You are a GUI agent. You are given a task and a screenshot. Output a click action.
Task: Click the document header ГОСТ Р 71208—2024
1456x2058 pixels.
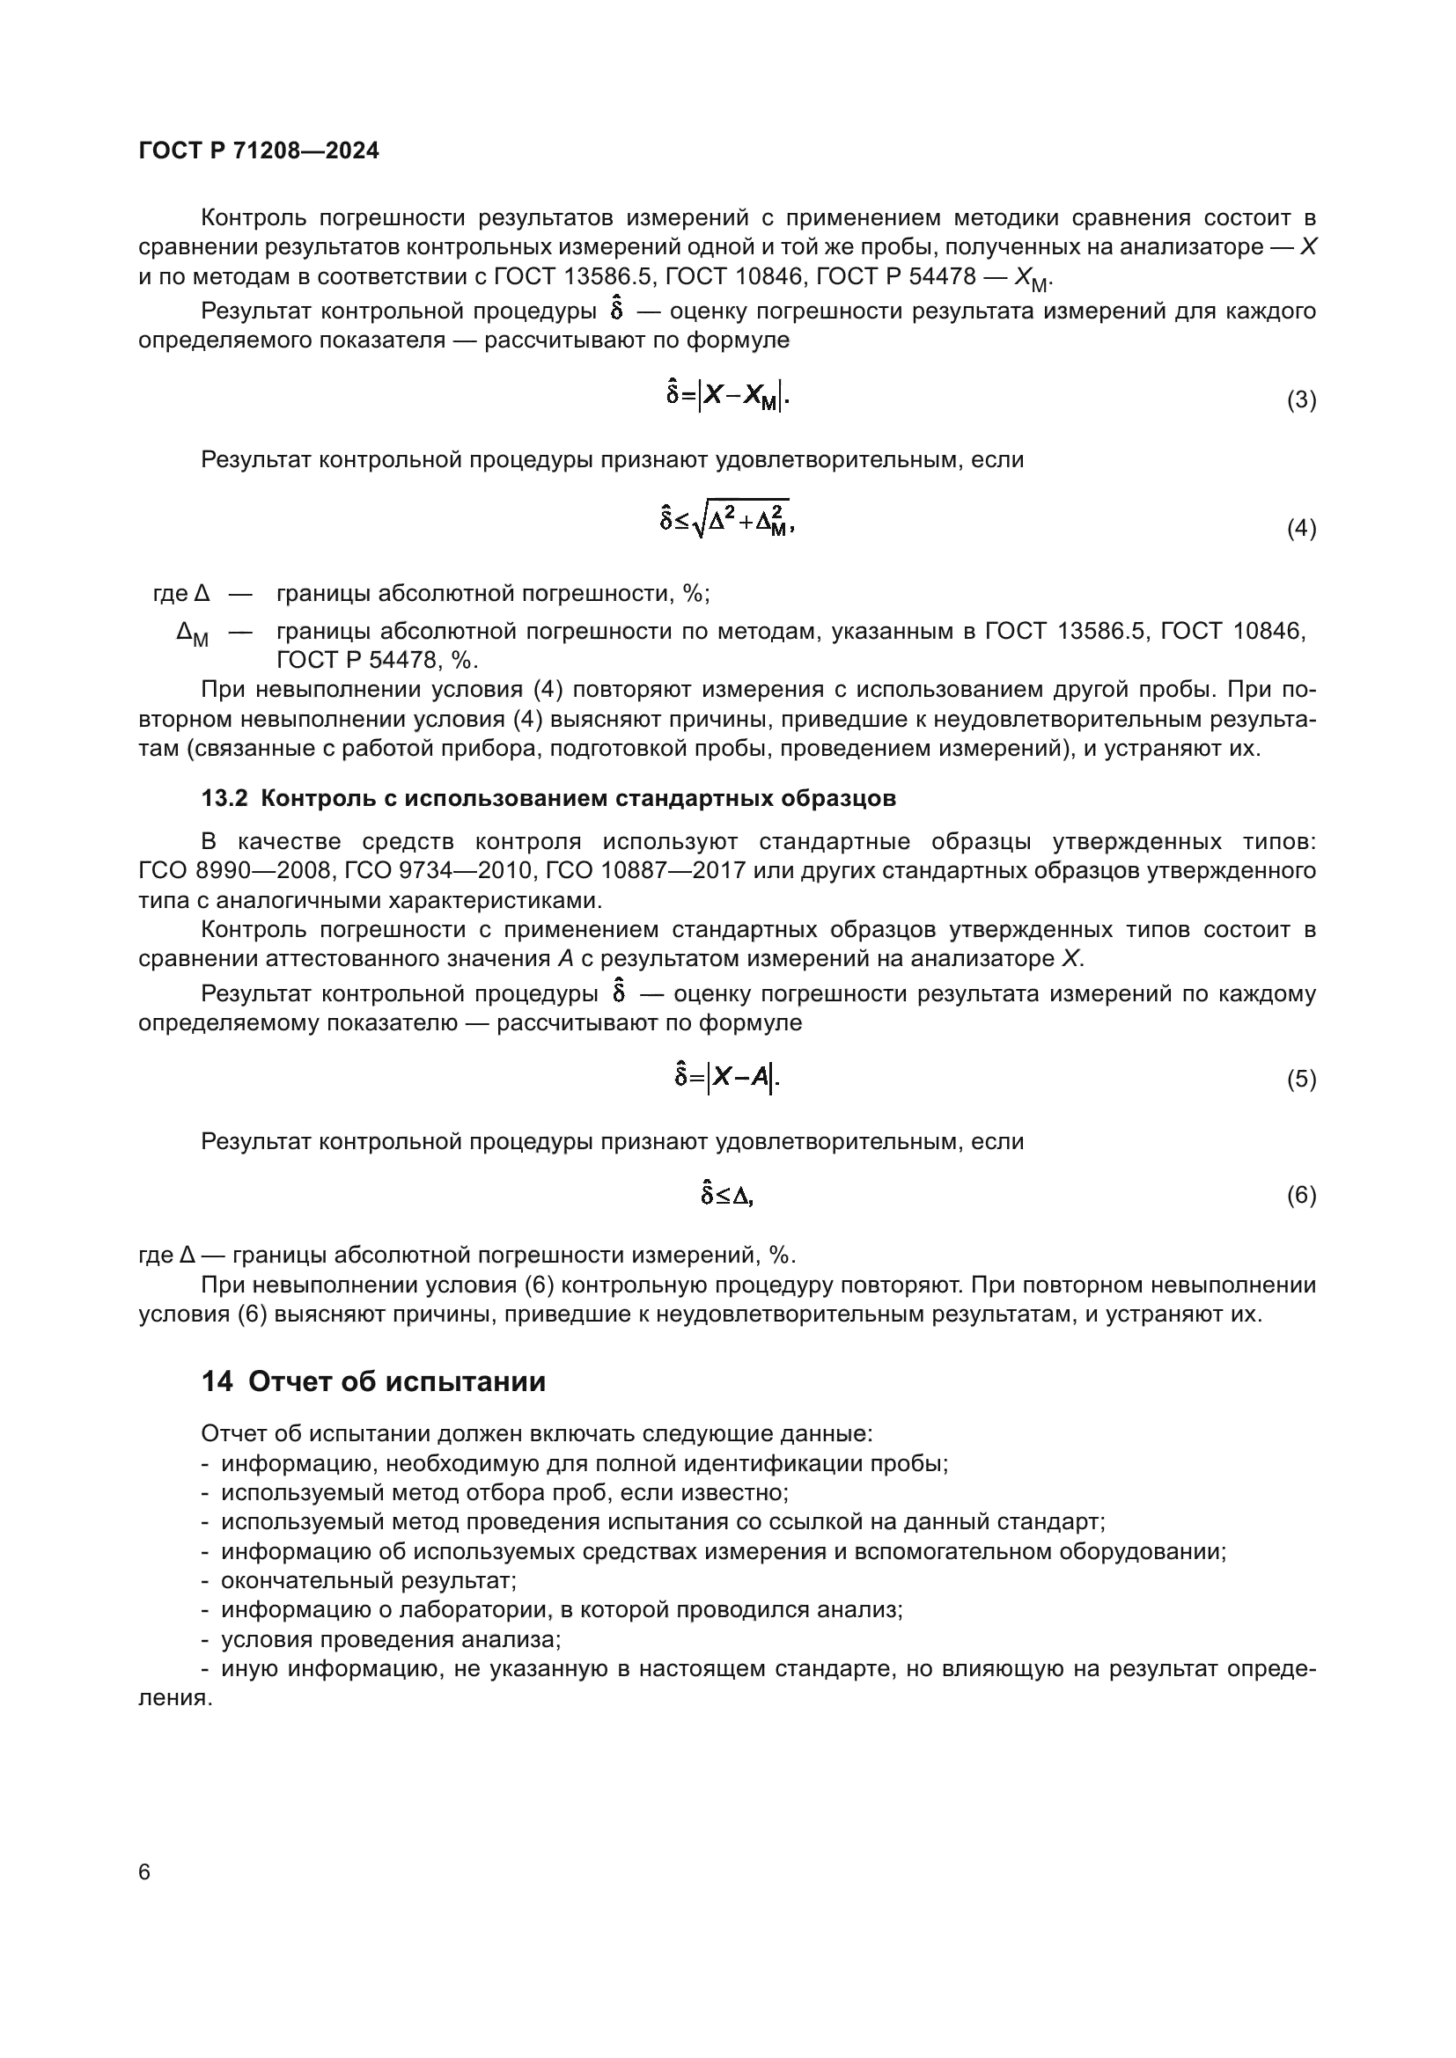[x=258, y=150]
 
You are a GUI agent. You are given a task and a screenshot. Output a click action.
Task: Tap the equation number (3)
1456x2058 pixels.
[x=1301, y=399]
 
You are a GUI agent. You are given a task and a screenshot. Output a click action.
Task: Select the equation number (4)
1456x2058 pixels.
[x=1301, y=529]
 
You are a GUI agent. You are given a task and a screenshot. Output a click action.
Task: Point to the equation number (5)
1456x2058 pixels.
[x=1301, y=1080]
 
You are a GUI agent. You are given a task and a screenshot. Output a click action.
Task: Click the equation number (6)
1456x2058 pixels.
[x=1301, y=1196]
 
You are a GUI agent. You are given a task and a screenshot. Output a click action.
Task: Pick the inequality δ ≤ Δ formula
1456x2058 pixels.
[x=727, y=1195]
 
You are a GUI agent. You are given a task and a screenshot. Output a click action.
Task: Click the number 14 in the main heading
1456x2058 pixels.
[x=217, y=1382]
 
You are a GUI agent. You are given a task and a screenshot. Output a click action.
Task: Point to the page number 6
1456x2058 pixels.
[x=145, y=1872]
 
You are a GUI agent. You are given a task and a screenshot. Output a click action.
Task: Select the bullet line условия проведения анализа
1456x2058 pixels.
[x=391, y=1639]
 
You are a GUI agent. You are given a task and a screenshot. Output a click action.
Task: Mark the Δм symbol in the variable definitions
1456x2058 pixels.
[x=192, y=634]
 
